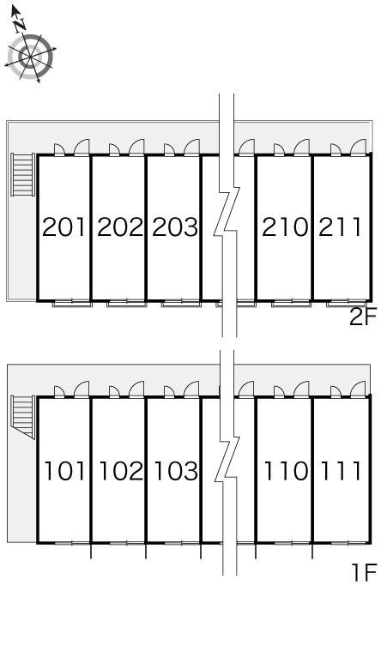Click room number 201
point(64,226)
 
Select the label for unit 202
point(120,226)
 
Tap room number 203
point(175,226)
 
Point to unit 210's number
point(285,226)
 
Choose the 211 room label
point(340,226)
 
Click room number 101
point(64,471)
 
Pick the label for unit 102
point(121,471)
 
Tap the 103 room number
point(176,471)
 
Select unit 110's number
point(286,471)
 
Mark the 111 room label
point(341,471)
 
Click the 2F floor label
point(363,317)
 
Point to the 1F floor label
point(364,573)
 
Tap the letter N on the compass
point(19,27)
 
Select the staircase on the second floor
point(23,174)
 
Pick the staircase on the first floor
point(23,417)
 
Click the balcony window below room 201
point(72,303)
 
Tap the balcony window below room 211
point(347,303)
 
